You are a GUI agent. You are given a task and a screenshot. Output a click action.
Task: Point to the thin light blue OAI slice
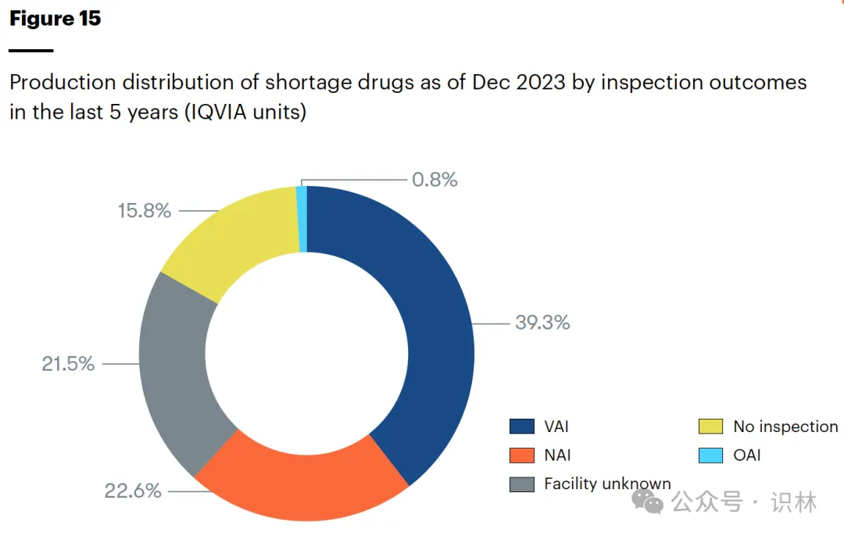click(x=302, y=219)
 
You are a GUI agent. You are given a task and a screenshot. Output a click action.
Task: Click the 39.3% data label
click(x=542, y=322)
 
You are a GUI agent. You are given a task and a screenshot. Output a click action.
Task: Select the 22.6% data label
click(x=133, y=491)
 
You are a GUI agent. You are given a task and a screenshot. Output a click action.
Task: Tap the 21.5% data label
click(x=68, y=363)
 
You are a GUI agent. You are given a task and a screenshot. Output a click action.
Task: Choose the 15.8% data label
click(x=145, y=211)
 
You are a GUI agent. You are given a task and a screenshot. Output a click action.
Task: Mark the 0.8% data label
click(x=435, y=180)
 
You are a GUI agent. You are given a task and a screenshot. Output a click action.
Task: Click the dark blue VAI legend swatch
click(x=521, y=427)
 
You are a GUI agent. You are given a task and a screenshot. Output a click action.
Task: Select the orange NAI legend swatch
click(x=521, y=456)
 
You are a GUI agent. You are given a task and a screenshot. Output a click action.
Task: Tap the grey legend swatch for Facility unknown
click(x=521, y=484)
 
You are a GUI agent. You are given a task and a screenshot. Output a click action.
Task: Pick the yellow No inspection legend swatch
click(x=710, y=427)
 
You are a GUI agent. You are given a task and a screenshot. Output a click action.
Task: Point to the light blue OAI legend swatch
click(x=710, y=456)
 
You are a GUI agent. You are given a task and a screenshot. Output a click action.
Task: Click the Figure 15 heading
click(x=55, y=19)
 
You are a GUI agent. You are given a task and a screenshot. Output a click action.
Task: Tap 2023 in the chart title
click(x=538, y=82)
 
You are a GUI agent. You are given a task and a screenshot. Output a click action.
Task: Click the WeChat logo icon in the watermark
click(x=648, y=501)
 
